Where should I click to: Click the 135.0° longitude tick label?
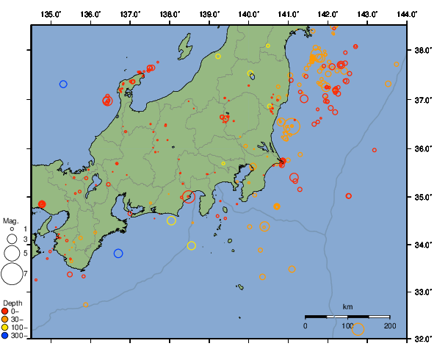pos(51,14)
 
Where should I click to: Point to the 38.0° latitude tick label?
pos(422,51)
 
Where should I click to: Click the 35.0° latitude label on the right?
pos(422,197)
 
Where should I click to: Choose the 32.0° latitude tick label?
pos(422,339)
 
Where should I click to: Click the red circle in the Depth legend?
pos(6,312)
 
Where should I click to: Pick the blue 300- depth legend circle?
pos(6,336)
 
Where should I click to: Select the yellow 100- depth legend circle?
pos(6,328)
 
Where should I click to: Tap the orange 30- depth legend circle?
pos(6,320)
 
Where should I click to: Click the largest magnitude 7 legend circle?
pos(11,274)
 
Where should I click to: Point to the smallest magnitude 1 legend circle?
pos(12,230)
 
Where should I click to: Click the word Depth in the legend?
pos(12,303)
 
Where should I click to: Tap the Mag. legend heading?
pos(10,220)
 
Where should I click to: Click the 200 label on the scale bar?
pos(389,325)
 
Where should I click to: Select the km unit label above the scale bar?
pos(347,306)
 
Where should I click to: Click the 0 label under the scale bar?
pos(306,325)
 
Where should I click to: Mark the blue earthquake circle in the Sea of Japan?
pos(63,84)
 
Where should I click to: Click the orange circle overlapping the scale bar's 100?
pos(358,329)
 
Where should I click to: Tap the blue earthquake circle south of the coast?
pos(118,253)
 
